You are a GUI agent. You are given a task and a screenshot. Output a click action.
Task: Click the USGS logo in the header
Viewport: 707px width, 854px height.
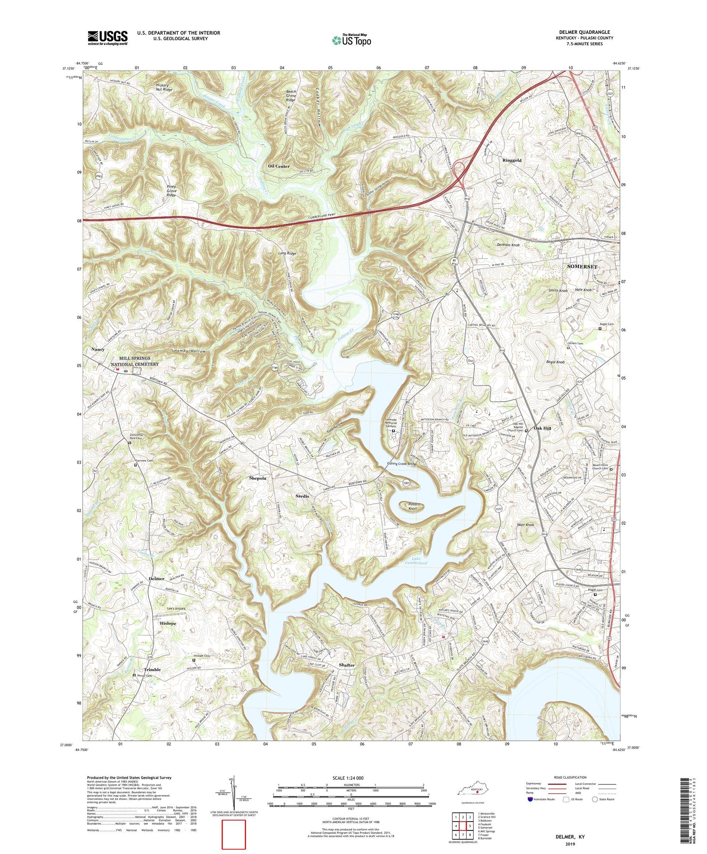coord(107,38)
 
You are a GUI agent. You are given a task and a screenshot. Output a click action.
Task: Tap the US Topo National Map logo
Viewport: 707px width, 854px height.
coord(351,40)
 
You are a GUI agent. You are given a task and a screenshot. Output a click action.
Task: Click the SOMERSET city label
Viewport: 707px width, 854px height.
coord(582,267)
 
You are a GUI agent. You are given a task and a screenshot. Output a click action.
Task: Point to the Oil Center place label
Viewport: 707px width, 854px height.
coord(279,166)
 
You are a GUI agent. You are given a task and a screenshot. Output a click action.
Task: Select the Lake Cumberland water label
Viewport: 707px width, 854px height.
coord(416,561)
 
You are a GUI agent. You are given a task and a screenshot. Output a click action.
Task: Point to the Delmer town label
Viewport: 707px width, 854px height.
coord(156,578)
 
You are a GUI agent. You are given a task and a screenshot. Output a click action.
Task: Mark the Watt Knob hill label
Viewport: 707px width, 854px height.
coord(526,525)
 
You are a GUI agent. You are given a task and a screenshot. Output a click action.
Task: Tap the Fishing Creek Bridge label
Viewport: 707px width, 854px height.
coord(402,464)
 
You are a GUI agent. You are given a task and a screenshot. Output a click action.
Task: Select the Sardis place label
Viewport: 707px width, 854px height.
coord(302,496)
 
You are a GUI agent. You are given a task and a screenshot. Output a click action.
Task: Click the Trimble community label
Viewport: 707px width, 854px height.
coord(152,669)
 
